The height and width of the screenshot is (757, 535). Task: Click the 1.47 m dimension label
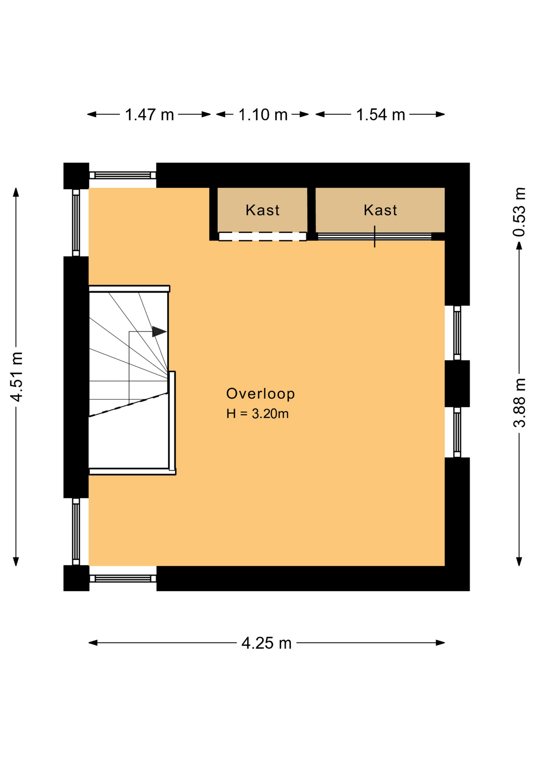[149, 115]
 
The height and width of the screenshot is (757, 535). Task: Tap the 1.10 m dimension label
[263, 115]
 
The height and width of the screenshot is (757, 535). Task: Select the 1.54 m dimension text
[381, 115]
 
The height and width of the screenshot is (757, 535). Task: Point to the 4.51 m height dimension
[17, 377]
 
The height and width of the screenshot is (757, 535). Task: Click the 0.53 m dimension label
[519, 212]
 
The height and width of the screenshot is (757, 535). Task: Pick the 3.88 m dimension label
[519, 403]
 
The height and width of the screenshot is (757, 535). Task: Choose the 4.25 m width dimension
[266, 643]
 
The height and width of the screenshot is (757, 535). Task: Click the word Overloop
[260, 394]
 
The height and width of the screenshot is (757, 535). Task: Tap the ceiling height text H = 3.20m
[257, 414]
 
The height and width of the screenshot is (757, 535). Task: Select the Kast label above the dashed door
[262, 210]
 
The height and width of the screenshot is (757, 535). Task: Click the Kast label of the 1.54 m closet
[380, 210]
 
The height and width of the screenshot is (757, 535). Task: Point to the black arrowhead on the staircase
[159, 332]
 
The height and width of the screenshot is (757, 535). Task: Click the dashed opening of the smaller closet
[262, 237]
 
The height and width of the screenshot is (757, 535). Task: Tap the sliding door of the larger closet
[374, 237]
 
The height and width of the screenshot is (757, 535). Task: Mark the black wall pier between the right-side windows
[457, 384]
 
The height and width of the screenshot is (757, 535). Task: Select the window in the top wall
[123, 175]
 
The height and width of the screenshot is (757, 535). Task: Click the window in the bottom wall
[123, 578]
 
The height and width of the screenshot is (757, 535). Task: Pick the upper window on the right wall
[457, 333]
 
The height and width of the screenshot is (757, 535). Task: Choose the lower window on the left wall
[76, 531]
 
